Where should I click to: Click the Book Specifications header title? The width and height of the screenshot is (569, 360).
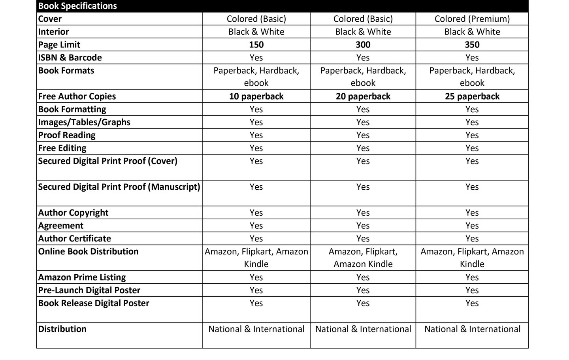point(77,6)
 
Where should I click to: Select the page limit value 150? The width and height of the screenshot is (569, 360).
point(256,45)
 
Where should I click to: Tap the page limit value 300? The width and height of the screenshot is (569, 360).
point(363,45)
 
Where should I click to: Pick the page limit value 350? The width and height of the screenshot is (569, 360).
point(472,45)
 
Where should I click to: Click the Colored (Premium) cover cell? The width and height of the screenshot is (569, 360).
point(472,19)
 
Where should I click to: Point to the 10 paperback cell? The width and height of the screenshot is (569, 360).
point(256,96)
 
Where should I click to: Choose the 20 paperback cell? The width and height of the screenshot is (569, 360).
point(363,96)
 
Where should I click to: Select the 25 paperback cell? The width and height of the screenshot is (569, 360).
point(472,96)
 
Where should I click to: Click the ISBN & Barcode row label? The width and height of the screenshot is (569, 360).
point(70,58)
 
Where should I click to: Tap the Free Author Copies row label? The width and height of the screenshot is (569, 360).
point(77,96)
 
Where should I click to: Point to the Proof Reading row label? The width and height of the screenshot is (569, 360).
point(67,135)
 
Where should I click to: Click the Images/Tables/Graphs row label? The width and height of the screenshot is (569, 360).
point(84,122)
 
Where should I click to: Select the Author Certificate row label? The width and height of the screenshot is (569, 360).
point(75,239)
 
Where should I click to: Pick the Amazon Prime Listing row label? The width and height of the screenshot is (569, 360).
point(82,277)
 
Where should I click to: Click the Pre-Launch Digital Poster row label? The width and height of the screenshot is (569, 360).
point(89,290)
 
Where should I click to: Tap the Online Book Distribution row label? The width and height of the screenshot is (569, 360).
point(89,252)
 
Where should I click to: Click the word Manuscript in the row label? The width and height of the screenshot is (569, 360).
point(174,187)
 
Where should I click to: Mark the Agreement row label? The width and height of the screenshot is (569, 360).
point(61,226)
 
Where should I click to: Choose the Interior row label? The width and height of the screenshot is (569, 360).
point(53,32)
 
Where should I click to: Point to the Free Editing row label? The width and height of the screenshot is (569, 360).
point(62,148)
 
